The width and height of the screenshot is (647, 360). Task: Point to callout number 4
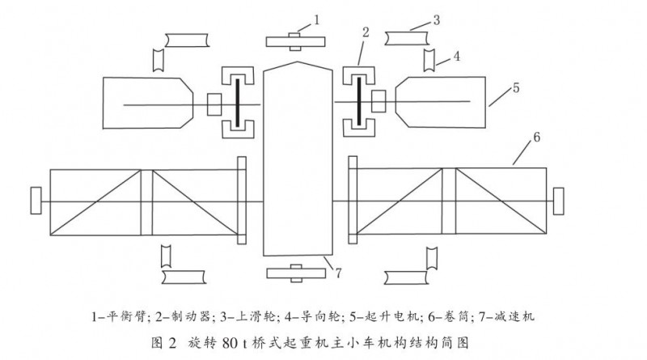coord(457,57)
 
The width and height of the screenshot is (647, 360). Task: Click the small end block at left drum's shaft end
coord(35,198)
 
